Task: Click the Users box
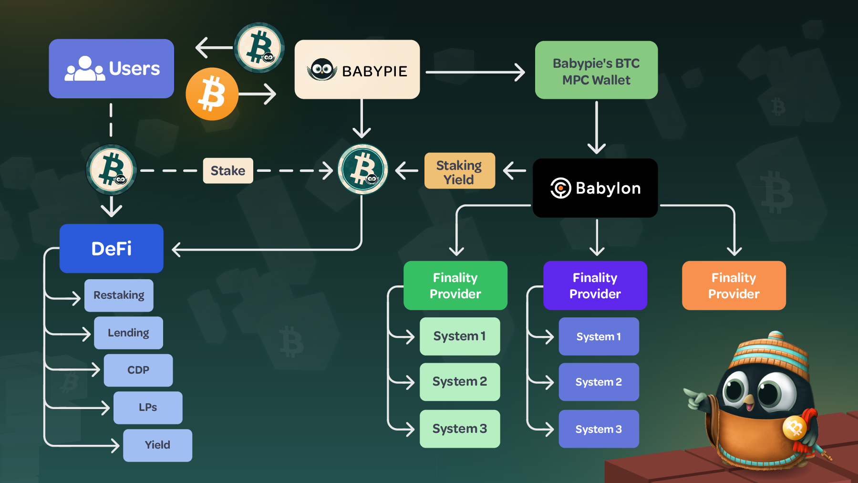111,69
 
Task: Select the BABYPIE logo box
357,70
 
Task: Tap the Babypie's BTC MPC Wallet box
596,70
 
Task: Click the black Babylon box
595,188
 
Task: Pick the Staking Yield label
459,171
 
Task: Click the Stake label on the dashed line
228,170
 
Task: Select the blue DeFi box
111,248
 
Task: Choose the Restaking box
119,295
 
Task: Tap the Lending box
128,333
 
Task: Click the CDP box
138,370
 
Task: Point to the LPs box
148,408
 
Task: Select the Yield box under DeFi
157,445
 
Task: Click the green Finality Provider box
455,285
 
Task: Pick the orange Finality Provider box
734,285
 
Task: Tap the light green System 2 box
460,382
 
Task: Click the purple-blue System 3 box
599,429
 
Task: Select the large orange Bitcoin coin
212,94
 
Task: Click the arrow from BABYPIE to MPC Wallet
475,73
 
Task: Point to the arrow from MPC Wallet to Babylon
597,127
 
